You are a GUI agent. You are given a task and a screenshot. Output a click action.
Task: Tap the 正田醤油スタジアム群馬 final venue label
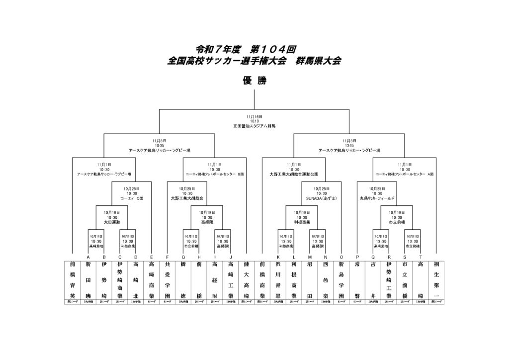click(254, 126)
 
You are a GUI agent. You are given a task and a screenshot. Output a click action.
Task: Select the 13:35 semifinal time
click(349, 145)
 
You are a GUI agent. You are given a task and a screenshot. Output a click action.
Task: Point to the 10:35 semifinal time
click(159, 145)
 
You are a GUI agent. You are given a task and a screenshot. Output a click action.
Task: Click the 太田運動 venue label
click(112, 222)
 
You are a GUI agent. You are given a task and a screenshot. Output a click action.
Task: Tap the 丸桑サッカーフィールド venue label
click(377, 198)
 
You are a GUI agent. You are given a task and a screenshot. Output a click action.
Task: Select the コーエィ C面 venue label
click(132, 198)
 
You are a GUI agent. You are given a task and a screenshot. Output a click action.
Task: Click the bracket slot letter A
click(88, 257)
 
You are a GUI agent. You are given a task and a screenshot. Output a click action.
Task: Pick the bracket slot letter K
click(278, 257)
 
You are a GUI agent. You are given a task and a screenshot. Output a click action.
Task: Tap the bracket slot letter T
click(420, 257)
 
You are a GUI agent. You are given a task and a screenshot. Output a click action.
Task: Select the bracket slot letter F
click(168, 257)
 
